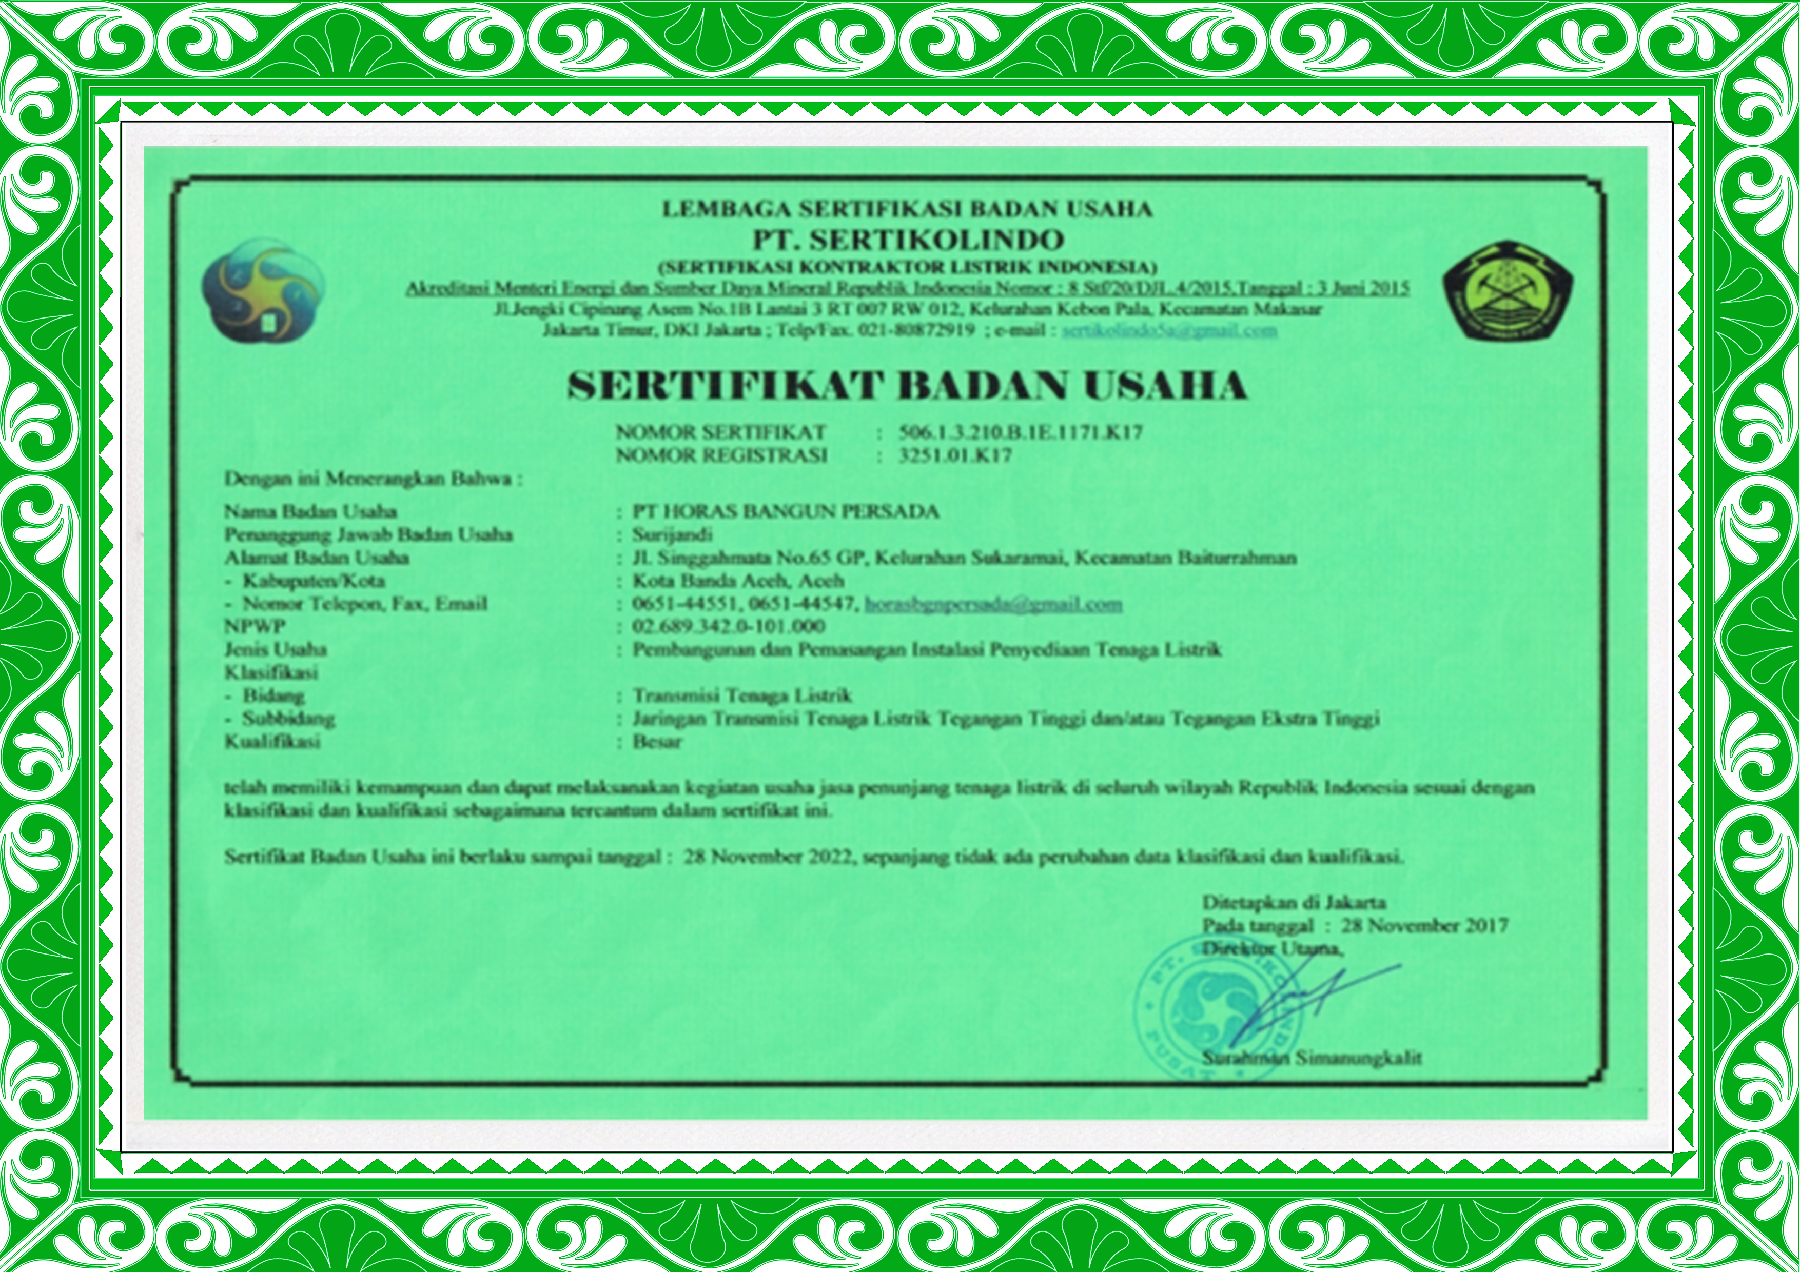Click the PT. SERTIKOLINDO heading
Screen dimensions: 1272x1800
point(908,239)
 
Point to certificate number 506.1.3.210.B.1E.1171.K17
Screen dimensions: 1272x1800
point(1020,432)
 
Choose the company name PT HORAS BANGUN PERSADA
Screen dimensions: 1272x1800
point(786,512)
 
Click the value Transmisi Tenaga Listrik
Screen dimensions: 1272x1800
point(741,695)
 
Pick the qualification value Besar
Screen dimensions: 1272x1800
point(657,742)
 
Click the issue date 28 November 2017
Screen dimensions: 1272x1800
point(1424,926)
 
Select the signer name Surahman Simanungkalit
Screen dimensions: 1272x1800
point(1312,1058)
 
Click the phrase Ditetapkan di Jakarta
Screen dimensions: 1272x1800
point(1294,902)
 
